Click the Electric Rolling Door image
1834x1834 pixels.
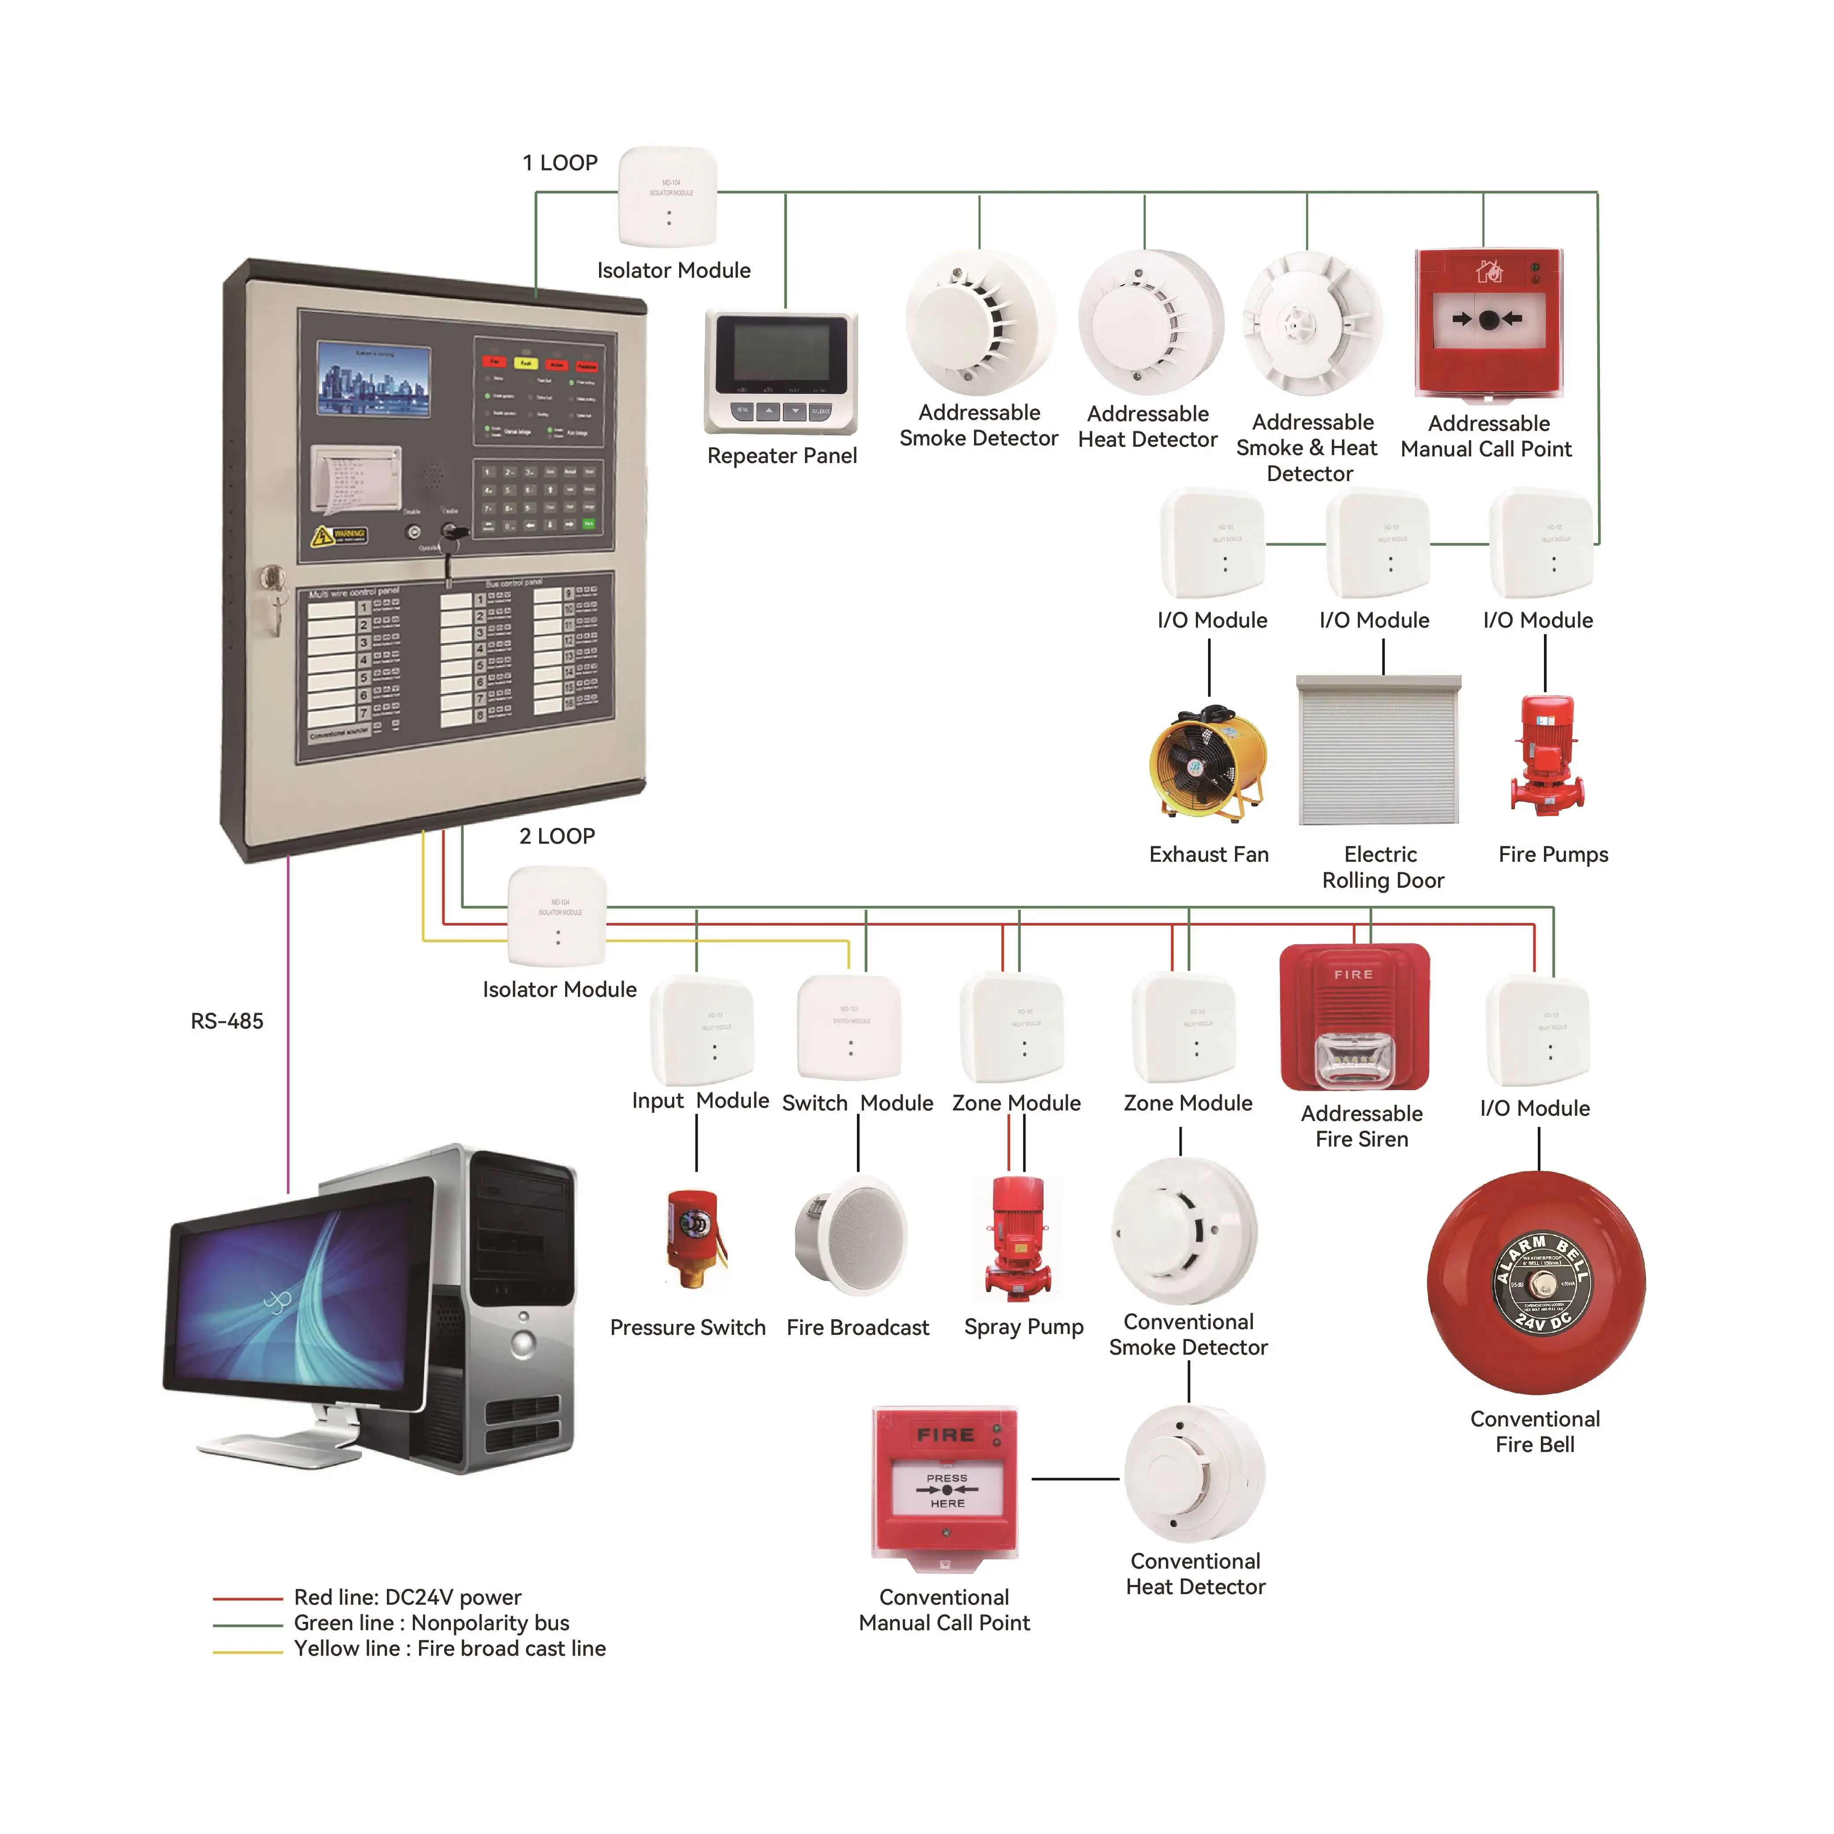pyautogui.click(x=1378, y=750)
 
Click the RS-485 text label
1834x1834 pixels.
pyautogui.click(x=227, y=1022)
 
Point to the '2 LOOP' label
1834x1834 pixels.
pyautogui.click(x=557, y=836)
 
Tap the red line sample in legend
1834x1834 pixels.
pyautogui.click(x=248, y=1599)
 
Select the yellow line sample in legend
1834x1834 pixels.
pyautogui.click(x=248, y=1652)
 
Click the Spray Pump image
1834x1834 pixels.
pyautogui.click(x=1018, y=1237)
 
